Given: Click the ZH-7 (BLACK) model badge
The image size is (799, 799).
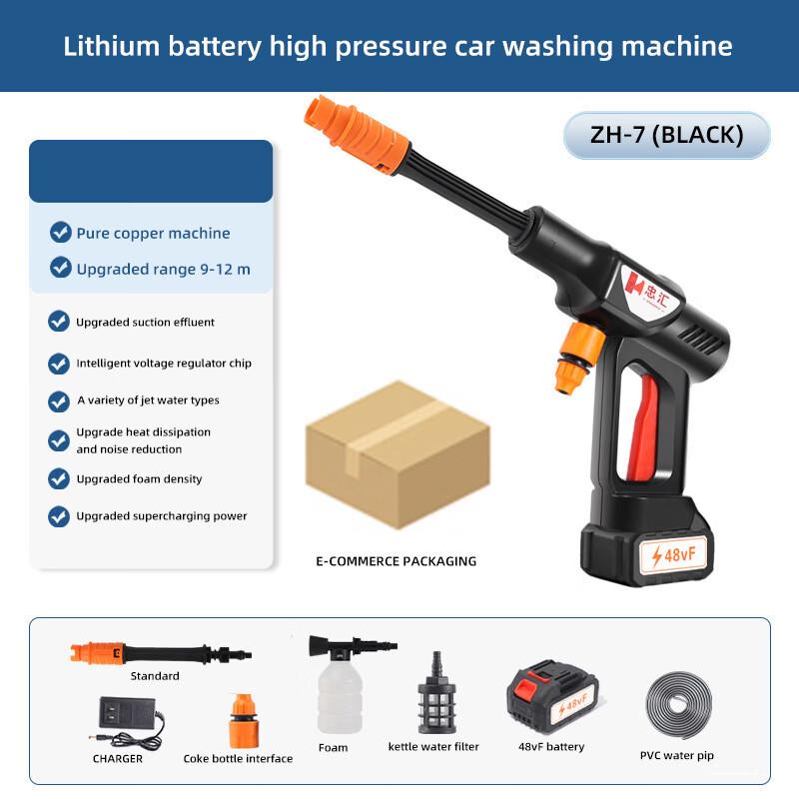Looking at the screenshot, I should pos(666,135).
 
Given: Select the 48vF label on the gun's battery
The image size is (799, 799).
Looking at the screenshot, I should pos(678,554).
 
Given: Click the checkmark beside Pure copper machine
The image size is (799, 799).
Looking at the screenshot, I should pos(61,233).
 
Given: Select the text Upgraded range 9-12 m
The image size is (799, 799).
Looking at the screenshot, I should pos(164,269).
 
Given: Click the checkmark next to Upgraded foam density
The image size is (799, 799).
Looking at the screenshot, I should pos(59,478).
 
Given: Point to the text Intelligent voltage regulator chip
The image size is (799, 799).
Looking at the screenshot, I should pos(164,364).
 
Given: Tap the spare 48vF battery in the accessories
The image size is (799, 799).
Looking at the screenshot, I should pos(551,696).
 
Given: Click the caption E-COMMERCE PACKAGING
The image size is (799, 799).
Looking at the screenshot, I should pos(397,561).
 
